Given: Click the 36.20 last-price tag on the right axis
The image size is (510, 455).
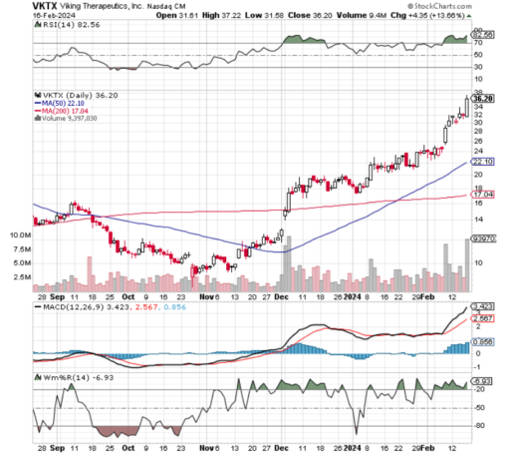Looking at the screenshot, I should point(482,98).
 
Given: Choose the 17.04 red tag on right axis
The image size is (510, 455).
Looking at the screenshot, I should point(482,197).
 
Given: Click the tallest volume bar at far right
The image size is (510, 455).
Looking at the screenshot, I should point(466,254).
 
